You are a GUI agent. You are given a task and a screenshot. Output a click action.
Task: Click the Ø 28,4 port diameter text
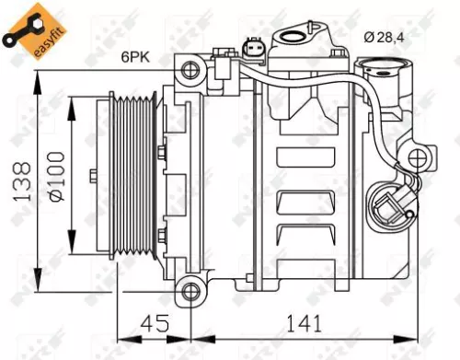point(385,36)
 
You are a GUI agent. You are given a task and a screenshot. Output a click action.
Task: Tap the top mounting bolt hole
point(191,68)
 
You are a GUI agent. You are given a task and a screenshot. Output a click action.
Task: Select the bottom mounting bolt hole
point(191,292)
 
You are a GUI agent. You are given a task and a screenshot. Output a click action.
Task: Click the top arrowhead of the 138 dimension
point(38,75)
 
